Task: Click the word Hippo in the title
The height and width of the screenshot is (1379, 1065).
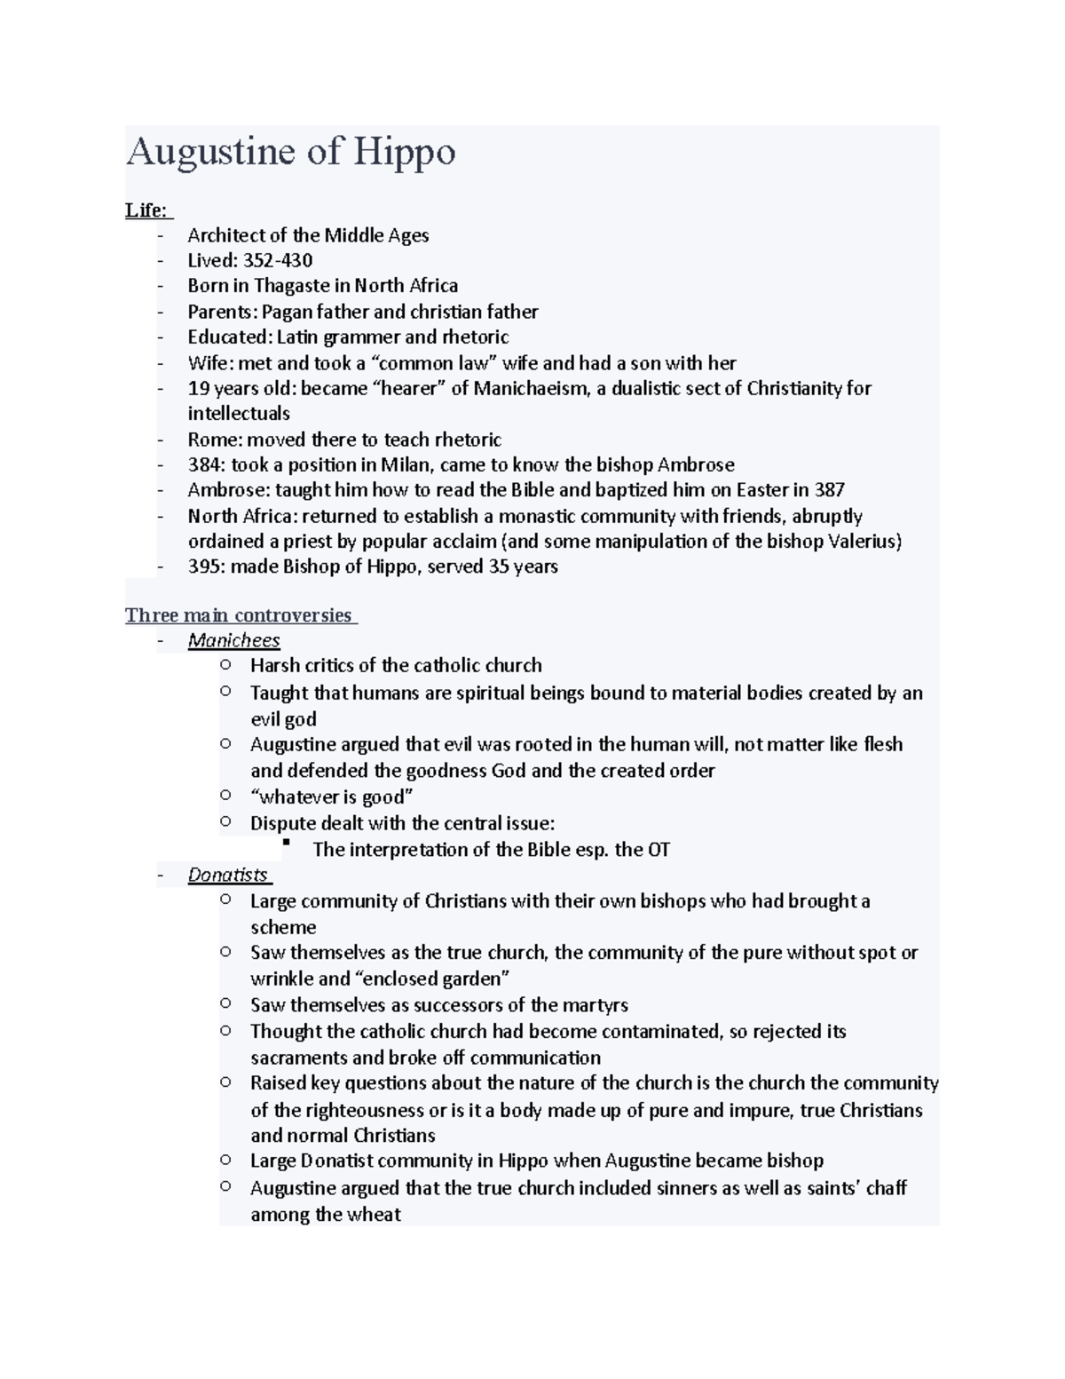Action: (405, 152)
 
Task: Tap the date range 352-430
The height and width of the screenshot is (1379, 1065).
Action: (278, 260)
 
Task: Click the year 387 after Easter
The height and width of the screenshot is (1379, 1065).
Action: (829, 490)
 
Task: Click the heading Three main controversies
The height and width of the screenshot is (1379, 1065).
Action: (239, 615)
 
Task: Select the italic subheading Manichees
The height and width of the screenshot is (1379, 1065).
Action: (233, 640)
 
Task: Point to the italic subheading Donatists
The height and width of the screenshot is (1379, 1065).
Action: (228, 875)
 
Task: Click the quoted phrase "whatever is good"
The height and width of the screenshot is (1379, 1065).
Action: (332, 796)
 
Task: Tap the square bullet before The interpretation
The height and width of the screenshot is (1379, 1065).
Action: (286, 844)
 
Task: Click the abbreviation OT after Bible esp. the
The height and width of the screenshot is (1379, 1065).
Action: (659, 850)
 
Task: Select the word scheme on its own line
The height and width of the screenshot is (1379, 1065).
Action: (283, 927)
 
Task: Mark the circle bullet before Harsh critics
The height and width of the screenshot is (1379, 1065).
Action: (225, 664)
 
